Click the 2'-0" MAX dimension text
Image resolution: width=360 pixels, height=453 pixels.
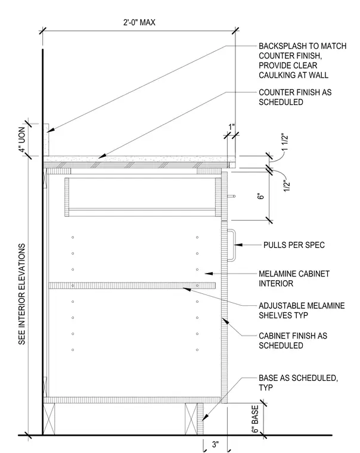click(x=139, y=22)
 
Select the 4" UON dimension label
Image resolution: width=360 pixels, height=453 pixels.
click(x=22, y=140)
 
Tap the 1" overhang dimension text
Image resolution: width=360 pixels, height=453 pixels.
click(x=231, y=127)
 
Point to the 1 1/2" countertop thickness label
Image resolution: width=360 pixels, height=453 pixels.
click(x=285, y=142)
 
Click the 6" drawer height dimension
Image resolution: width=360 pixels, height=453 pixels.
click(x=260, y=196)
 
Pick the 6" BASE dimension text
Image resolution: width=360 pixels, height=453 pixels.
click(x=255, y=419)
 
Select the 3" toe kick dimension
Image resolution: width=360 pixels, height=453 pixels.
click(x=215, y=444)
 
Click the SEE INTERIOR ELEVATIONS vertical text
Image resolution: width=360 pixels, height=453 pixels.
click(x=22, y=294)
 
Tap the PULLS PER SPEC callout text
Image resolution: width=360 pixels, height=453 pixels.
click(x=294, y=245)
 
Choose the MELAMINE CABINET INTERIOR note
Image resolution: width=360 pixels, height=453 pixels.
click(x=294, y=278)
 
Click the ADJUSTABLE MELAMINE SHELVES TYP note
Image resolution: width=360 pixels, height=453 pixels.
click(x=302, y=311)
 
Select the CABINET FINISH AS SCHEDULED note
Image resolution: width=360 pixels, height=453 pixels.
click(x=293, y=340)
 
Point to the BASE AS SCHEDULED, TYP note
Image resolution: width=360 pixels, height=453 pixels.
click(x=298, y=383)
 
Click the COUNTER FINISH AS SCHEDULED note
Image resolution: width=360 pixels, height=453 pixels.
click(x=295, y=97)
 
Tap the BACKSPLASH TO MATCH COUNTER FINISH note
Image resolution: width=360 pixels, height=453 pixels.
click(x=303, y=60)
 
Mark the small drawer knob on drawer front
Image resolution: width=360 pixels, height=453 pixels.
click(x=231, y=196)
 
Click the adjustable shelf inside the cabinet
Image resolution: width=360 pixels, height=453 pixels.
click(x=132, y=286)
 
